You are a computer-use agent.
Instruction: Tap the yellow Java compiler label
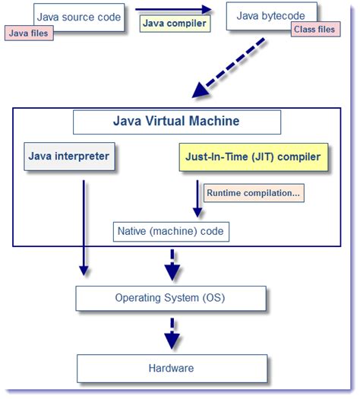[173, 23]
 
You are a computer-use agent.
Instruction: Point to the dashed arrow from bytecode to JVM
[228, 70]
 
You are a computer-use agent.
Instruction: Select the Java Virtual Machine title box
[176, 122]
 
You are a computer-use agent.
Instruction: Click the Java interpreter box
[69, 157]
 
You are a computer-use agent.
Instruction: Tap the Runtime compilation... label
[253, 193]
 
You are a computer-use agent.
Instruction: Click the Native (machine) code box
[171, 230]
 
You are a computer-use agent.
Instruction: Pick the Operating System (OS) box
[171, 297]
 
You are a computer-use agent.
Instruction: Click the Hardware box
[171, 368]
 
